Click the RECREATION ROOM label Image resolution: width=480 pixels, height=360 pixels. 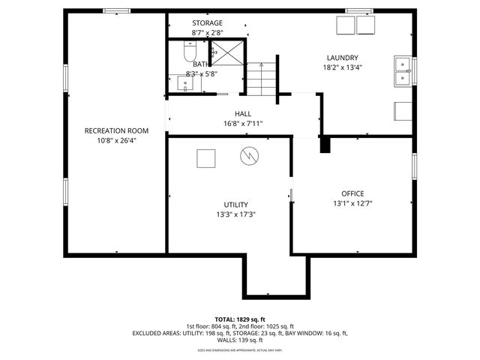tap(115, 130)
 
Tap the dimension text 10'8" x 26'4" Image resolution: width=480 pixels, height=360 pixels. tap(115, 140)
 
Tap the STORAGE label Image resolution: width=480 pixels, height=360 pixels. tap(207, 23)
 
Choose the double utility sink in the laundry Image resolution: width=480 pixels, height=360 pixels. tap(403, 70)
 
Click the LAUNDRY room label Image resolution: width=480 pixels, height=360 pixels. tap(342, 58)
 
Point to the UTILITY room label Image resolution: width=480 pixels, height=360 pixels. tap(235, 205)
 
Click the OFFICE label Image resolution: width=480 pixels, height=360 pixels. tap(352, 193)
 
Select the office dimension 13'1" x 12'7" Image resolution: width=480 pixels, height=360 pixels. tap(352, 203)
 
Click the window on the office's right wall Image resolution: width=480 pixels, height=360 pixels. tap(414, 165)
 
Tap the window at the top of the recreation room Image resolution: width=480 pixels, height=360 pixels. tap(115, 10)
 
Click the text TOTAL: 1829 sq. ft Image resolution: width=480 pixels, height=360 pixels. tap(239, 319)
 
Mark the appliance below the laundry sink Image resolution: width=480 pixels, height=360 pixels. tap(403, 110)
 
